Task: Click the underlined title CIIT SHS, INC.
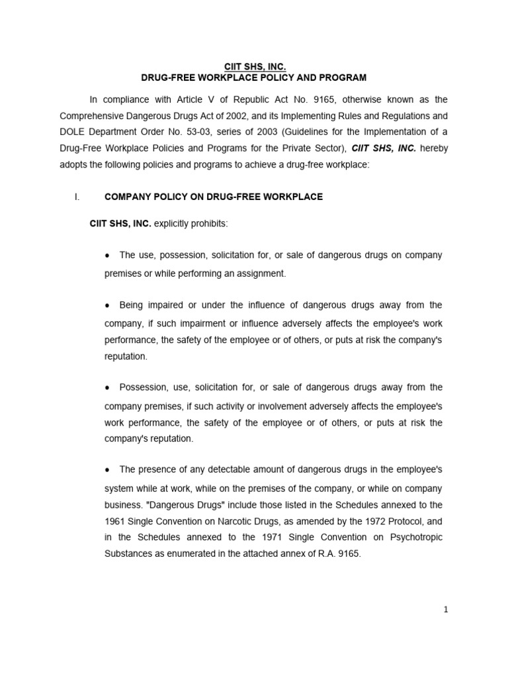(x=254, y=67)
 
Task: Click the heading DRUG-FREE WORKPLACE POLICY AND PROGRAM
(x=254, y=78)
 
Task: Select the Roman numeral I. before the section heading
(x=77, y=197)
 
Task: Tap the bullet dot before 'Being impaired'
(x=107, y=306)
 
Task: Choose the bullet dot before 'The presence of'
(x=107, y=469)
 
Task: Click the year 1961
(x=115, y=520)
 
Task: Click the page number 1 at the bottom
(x=446, y=610)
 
